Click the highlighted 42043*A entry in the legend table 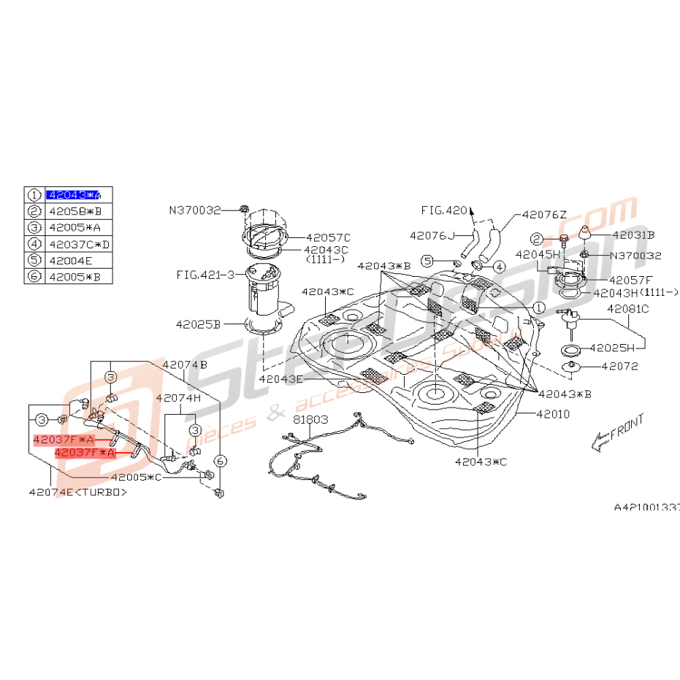tap(74, 195)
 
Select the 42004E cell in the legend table tap(70, 260)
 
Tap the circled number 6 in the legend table tap(34, 277)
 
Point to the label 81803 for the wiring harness tap(311, 420)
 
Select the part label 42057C tap(328, 237)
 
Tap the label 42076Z tap(544, 215)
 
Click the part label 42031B tap(633, 235)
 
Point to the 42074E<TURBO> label tap(77, 492)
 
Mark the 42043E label tap(281, 380)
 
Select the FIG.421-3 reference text tap(205, 275)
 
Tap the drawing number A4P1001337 tap(646, 505)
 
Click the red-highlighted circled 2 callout tap(537, 240)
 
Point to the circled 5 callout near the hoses tap(428, 261)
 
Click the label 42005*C tap(137, 478)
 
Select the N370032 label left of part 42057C tap(194, 210)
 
